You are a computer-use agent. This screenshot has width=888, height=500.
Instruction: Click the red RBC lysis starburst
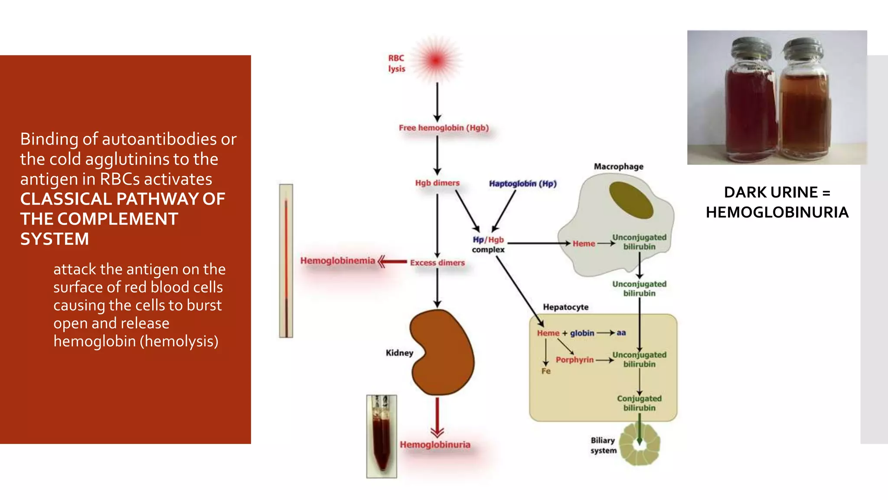click(436, 60)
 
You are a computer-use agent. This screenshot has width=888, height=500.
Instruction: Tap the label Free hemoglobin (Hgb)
click(444, 128)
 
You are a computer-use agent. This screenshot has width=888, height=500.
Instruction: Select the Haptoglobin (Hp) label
click(522, 184)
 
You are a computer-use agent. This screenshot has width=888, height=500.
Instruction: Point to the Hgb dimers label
click(437, 183)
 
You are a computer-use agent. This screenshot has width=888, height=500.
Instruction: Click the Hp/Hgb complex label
click(488, 244)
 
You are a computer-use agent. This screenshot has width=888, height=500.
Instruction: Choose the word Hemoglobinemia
click(337, 260)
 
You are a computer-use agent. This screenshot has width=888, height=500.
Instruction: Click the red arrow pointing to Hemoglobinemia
click(392, 262)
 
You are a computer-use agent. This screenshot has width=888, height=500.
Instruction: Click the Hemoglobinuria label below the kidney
click(435, 444)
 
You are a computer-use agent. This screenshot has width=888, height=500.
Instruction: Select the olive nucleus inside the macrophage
click(631, 200)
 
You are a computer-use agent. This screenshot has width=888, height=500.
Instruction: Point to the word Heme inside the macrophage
click(584, 243)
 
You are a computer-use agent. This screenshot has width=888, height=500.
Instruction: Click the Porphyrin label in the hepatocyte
click(575, 359)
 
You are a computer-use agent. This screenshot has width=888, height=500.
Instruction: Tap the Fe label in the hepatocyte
click(546, 371)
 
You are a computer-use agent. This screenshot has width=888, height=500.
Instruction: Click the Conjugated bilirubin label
click(639, 403)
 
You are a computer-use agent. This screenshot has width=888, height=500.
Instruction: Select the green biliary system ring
click(640, 444)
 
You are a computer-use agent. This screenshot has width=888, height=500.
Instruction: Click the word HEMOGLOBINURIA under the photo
click(777, 212)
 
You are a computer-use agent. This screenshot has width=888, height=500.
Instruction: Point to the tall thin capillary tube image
click(286, 260)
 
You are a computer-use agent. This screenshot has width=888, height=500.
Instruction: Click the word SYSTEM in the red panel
click(55, 239)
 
